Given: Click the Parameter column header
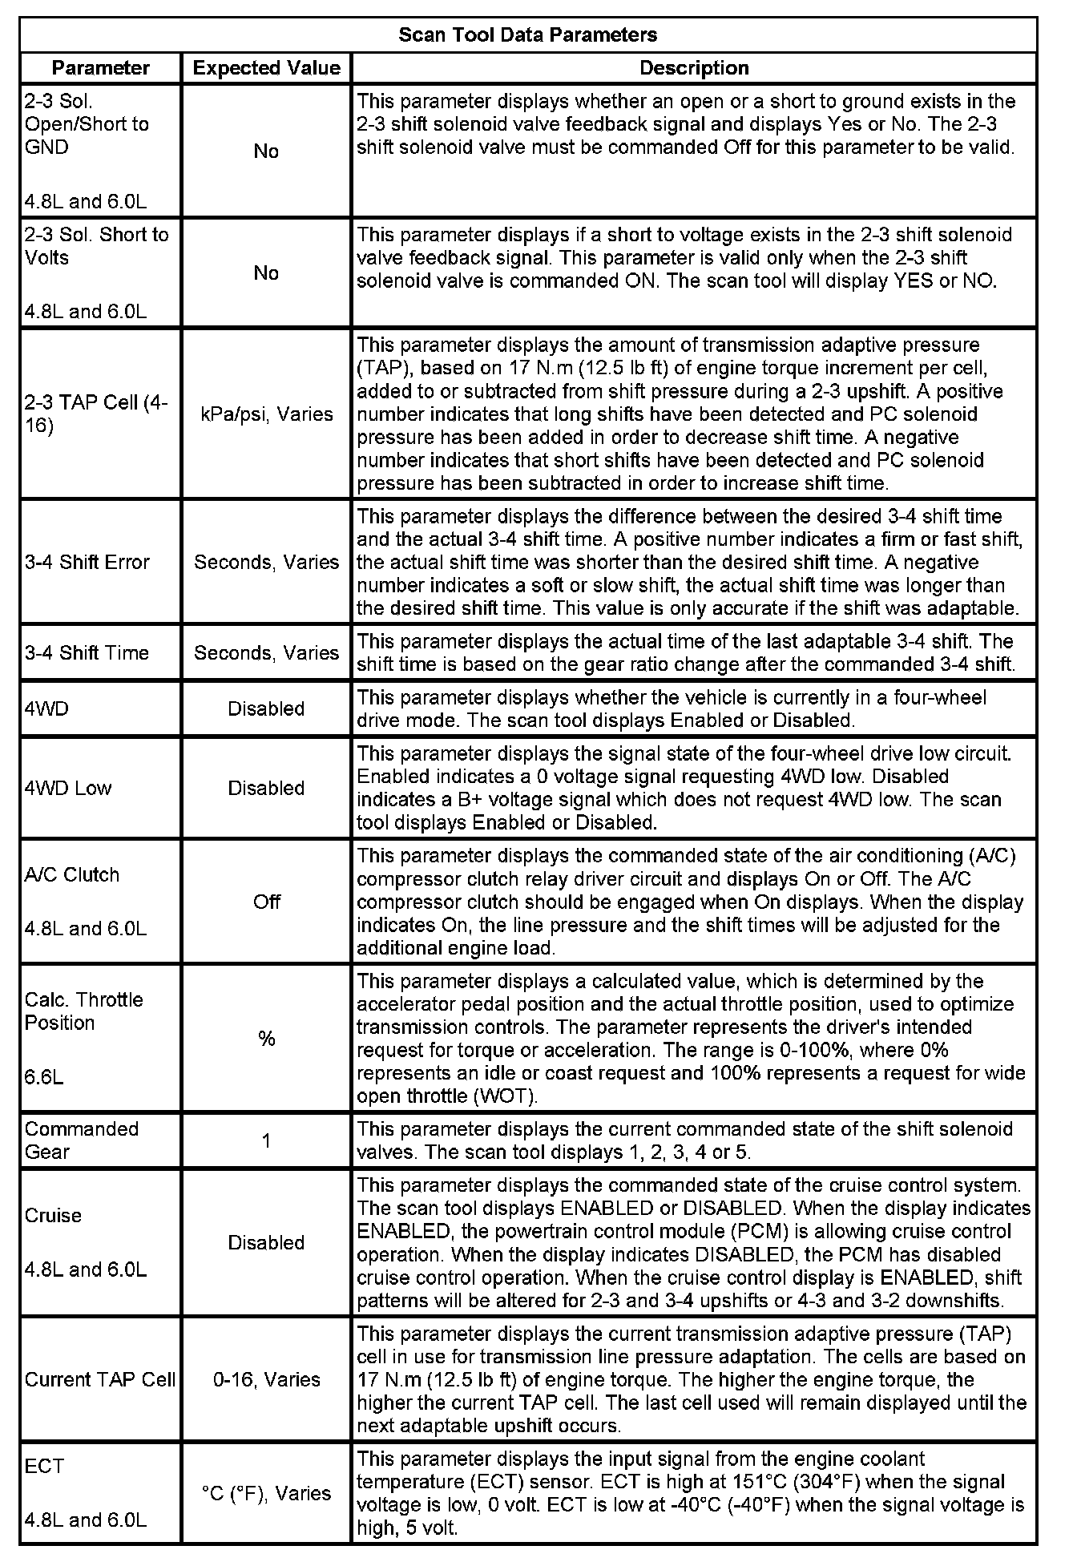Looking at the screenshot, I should click(x=101, y=68).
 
